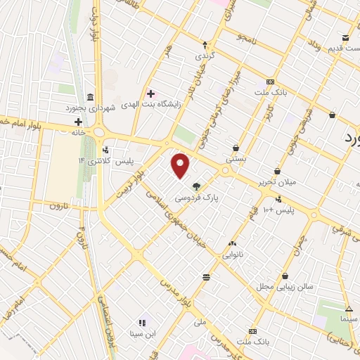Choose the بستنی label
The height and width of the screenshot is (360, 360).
pyautogui.click(x=235, y=160)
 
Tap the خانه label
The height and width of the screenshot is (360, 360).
pyautogui.click(x=77, y=131)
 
